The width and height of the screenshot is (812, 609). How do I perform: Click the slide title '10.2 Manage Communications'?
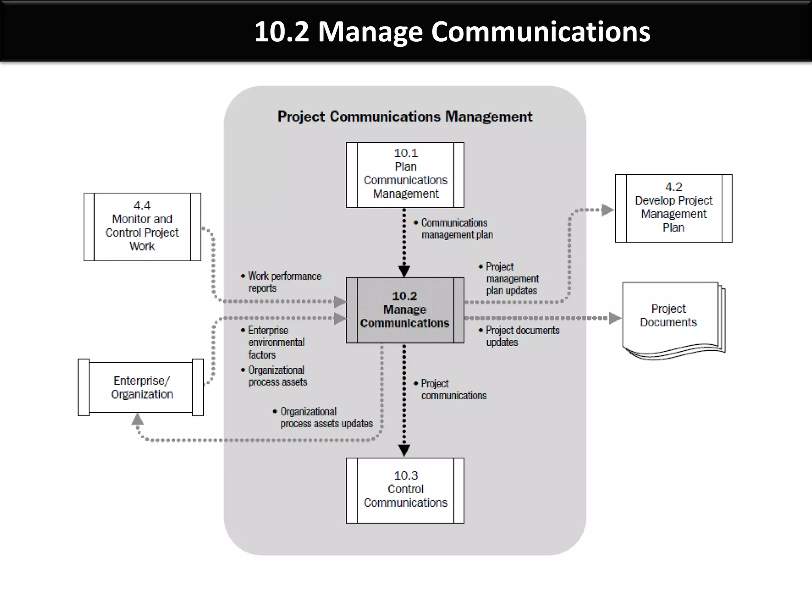tap(452, 32)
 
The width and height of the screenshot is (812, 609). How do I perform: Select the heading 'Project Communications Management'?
tap(405, 117)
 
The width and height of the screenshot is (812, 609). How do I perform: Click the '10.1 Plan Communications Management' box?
tap(405, 175)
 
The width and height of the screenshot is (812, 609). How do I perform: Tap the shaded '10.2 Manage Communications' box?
tap(405, 310)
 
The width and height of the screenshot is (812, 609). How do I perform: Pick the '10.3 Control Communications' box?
tap(405, 490)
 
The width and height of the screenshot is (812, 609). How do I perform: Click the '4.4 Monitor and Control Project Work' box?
tap(142, 227)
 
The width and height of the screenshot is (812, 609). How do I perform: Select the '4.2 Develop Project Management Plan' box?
tap(674, 208)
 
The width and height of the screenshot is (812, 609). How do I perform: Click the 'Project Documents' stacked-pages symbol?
tap(670, 317)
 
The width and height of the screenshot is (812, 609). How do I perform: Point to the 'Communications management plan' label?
tap(456, 229)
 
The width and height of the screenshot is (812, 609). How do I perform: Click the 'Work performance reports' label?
tap(283, 282)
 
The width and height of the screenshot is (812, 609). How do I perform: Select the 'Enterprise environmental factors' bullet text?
tap(276, 342)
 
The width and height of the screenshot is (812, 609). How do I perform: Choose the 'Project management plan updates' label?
tap(511, 279)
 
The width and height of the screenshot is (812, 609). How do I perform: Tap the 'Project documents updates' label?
tap(521, 336)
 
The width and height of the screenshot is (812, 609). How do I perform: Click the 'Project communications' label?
tap(453, 389)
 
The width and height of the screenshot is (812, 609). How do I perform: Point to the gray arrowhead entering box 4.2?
tap(607, 210)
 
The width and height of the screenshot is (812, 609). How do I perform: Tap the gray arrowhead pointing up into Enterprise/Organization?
tap(137, 419)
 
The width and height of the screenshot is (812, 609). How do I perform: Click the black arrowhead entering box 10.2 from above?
tap(404, 271)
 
